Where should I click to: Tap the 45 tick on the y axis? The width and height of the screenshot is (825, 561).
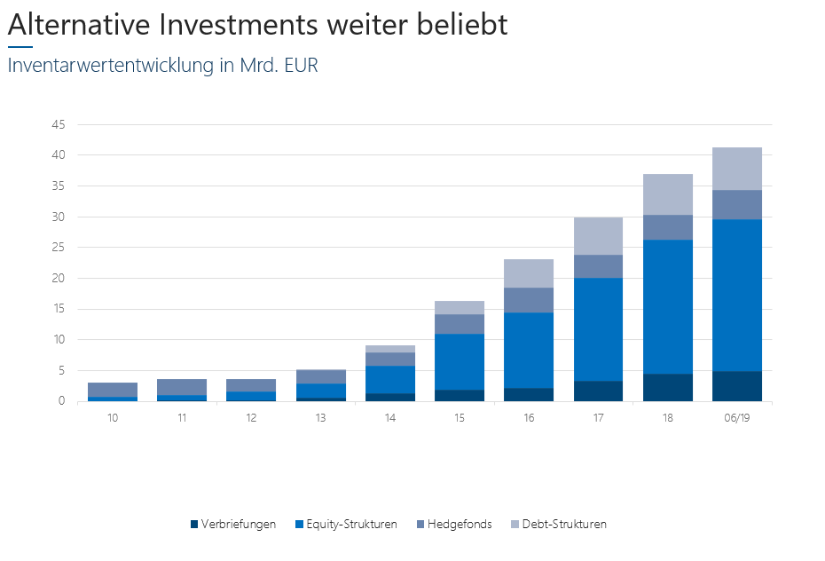coord(59,124)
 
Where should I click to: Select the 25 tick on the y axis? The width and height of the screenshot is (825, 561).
coord(59,248)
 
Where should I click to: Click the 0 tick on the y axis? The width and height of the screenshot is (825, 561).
coord(62,401)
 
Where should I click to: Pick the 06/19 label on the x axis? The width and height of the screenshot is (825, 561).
coord(736,417)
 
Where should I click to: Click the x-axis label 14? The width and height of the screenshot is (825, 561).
coord(390,417)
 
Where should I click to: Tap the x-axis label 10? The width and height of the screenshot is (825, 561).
coord(113,417)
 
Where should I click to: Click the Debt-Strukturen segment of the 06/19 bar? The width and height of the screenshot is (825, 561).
coord(736,169)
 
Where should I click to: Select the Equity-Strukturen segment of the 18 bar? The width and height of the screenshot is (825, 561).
coord(667,306)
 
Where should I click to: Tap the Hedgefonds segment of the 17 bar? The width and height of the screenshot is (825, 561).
coord(598,266)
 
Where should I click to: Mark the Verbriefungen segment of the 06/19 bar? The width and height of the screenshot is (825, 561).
coord(736,386)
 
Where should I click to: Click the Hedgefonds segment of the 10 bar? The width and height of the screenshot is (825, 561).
coord(113,390)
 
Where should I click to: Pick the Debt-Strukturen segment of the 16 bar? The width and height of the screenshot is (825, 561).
coord(529,273)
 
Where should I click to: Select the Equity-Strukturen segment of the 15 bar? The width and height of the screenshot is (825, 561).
coord(460,361)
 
